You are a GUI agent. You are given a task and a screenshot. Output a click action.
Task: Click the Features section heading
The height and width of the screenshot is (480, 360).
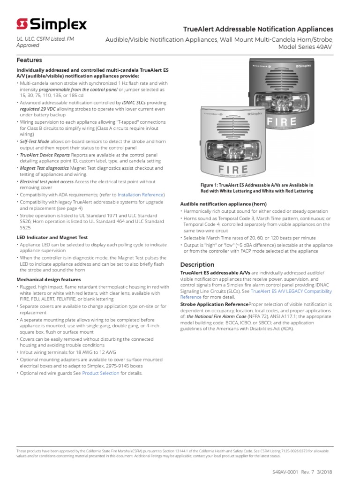pos(29,60)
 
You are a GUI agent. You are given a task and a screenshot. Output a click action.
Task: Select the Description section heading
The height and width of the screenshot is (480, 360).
pos(197,265)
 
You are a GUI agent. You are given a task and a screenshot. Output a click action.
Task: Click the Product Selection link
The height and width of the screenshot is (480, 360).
pos(101,374)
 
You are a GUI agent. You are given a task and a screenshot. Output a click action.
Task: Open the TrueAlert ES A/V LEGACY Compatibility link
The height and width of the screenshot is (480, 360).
pos(291,291)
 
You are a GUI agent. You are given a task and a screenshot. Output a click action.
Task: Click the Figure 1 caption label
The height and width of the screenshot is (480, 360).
pos(256,188)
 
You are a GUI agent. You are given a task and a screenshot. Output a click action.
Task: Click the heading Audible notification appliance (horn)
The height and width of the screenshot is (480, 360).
pos(223,204)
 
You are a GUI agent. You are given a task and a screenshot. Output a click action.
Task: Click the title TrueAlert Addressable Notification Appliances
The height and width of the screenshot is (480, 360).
pos(257,30)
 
